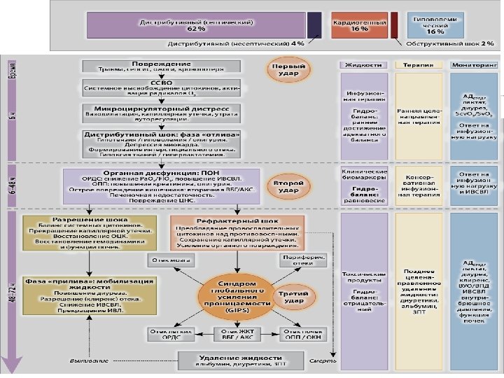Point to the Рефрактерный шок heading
coord(237,220)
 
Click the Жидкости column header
coord(364,64)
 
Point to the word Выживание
coord(88,361)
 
